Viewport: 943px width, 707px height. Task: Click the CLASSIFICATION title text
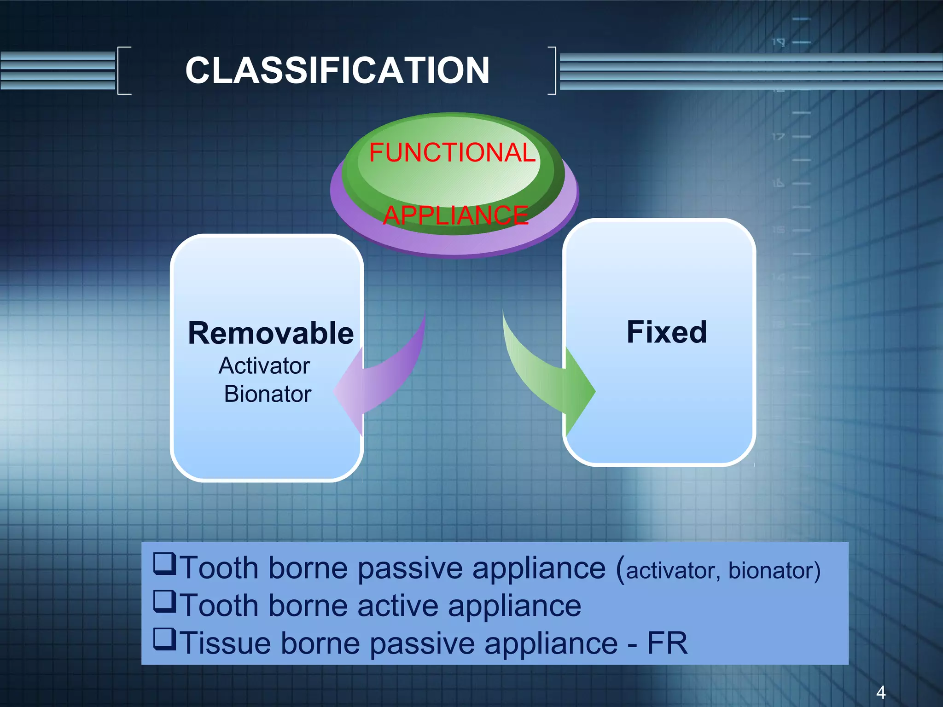coord(337,70)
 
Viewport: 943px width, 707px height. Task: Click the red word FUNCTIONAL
coord(452,152)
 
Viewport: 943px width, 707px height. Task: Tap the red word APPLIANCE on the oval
coord(455,215)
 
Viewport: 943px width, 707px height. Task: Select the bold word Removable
coord(271,333)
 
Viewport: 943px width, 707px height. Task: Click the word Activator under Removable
coord(264,366)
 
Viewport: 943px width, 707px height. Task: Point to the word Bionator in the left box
coord(268,394)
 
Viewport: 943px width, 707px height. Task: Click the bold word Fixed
coord(666,332)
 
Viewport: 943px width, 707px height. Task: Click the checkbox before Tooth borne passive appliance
coord(164,564)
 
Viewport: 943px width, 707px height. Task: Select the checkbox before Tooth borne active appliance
coord(164,602)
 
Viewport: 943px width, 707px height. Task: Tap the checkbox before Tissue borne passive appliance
coord(164,639)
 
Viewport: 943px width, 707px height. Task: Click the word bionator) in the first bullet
coord(774,570)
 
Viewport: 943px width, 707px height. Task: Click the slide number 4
coord(880,692)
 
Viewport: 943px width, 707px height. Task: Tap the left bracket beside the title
coord(123,70)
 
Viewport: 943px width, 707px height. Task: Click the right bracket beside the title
coord(553,70)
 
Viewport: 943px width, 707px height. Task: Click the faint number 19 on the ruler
coord(778,42)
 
